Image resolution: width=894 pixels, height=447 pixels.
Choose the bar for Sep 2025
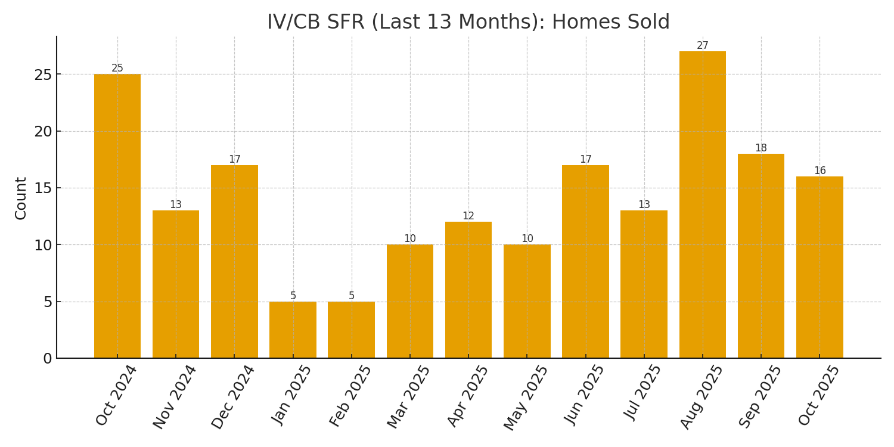point(761,256)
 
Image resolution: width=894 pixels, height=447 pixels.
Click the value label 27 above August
point(703,46)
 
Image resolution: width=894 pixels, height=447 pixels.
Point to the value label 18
point(761,148)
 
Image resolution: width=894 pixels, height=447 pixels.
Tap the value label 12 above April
point(468,216)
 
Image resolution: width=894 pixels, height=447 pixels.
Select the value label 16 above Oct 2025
point(820,171)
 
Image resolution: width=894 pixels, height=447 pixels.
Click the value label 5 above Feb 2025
point(352,296)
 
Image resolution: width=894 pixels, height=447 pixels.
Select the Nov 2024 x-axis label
point(175,396)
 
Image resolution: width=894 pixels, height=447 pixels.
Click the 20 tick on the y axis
point(43,132)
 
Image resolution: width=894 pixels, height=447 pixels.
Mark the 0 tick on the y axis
point(47,359)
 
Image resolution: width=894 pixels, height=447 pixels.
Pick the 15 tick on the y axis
point(43,188)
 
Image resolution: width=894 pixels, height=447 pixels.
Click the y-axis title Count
point(21,198)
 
